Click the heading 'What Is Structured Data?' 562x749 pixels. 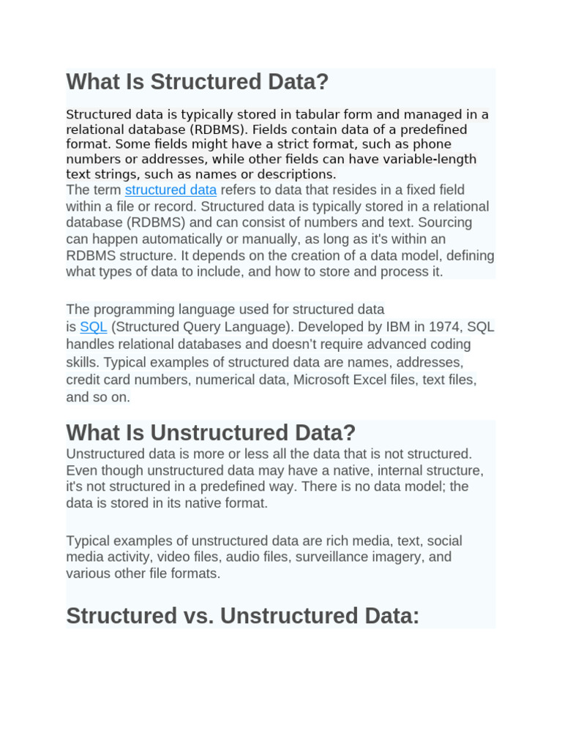198,82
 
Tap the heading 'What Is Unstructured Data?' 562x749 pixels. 211,432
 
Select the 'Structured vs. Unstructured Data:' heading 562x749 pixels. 243,616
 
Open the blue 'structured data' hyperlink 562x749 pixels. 171,190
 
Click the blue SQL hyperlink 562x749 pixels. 94,327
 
